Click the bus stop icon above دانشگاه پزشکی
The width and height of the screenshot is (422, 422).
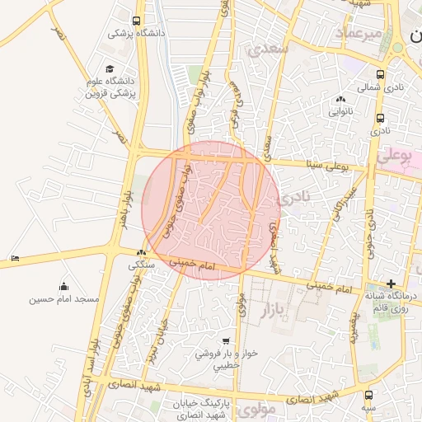coord(136,21)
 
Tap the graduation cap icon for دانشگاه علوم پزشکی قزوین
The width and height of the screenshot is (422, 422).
coord(110,70)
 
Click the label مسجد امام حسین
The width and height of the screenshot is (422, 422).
coord(64,298)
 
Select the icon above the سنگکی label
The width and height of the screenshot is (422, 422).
coord(142,253)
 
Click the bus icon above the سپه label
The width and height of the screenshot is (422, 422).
coord(368,395)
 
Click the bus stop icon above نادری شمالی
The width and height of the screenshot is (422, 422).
coord(379,73)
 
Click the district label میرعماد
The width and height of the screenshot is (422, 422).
coord(359,32)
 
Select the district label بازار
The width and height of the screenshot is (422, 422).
coord(277,310)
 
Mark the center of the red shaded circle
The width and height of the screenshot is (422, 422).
coord(211,210)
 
